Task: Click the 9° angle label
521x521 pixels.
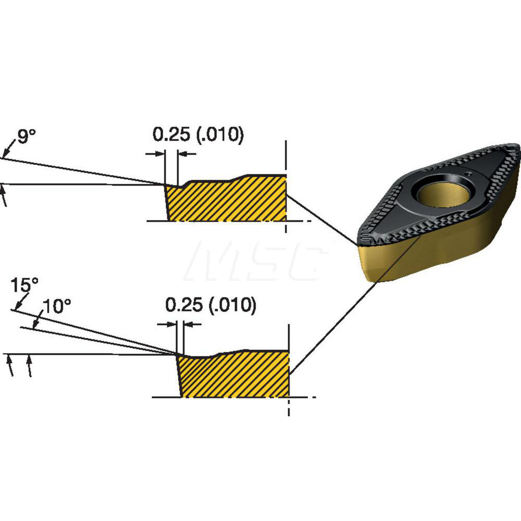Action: coord(27,137)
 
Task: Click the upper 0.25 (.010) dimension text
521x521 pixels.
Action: coord(198,135)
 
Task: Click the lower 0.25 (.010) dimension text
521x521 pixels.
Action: coord(210,305)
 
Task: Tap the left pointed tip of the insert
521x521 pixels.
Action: coord(358,243)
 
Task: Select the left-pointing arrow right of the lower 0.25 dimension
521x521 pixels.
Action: coord(193,325)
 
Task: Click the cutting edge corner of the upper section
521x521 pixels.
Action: coord(165,184)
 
